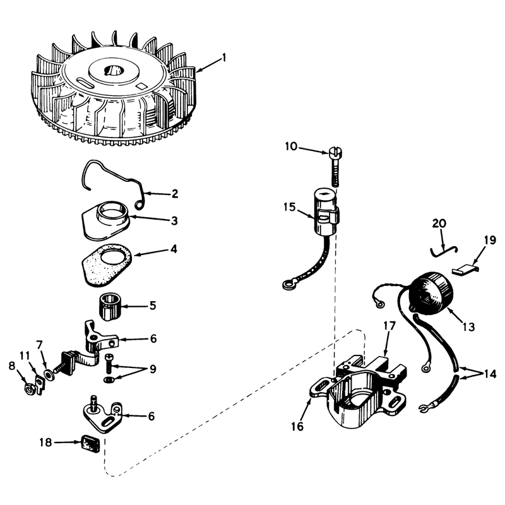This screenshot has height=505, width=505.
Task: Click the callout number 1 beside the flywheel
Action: pos(224,58)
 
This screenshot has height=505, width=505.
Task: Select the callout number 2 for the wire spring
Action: pos(175,194)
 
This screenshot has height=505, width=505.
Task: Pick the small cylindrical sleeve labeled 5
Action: pos(109,306)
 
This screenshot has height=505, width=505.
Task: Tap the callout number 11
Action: pos(25,356)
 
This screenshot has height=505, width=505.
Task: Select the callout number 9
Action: pos(152,369)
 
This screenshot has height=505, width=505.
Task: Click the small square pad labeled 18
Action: pos(90,444)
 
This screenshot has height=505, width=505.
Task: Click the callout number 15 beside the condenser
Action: pos(290,207)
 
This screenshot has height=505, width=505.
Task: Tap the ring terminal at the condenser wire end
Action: pos(287,285)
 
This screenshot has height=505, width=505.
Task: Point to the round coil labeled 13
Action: pos(432,294)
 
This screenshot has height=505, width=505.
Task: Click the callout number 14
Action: pos(490,374)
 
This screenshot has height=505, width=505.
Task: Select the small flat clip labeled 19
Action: pos(465,268)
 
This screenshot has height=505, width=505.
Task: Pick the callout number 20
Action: pos(439,223)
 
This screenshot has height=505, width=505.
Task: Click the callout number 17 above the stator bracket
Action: pos(389,326)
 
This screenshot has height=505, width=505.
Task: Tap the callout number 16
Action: pos(297,427)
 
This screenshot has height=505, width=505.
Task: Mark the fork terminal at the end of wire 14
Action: pos(424,408)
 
